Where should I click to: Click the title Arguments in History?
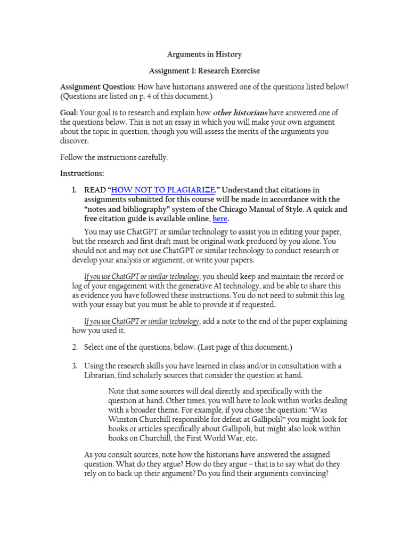204,54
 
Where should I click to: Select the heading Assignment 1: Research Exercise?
204,70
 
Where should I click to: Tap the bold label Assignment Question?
98,87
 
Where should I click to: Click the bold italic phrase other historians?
240,113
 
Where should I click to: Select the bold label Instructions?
82,173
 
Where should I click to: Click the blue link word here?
220,219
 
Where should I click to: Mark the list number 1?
75,190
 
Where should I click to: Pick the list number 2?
75,347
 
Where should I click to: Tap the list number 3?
75,365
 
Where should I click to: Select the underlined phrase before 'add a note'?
142,321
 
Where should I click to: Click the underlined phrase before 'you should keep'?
142,276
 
